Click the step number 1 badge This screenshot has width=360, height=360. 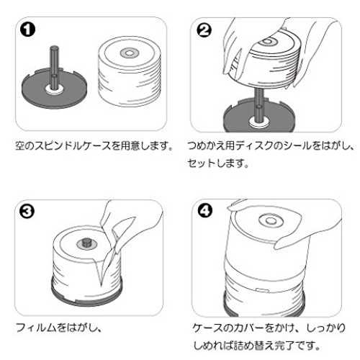[27, 30]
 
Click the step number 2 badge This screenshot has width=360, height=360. [204, 30]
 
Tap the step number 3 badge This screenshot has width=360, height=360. [27, 212]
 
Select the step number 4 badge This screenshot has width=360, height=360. [205, 211]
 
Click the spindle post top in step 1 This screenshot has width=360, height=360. [54, 48]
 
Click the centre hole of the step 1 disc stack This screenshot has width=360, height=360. [129, 53]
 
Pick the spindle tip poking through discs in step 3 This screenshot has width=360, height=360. [86, 242]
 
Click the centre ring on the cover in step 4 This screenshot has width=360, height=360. [271, 220]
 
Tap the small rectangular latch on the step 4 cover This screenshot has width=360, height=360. [262, 290]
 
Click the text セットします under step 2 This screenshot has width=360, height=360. [217, 163]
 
